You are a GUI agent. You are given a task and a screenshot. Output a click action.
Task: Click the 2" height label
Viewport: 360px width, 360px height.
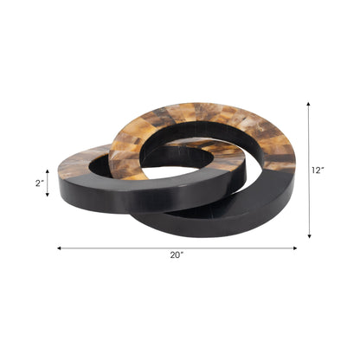pyautogui.click(x=38, y=183)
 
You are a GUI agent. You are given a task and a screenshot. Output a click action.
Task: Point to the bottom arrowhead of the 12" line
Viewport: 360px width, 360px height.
pyautogui.click(x=308, y=235)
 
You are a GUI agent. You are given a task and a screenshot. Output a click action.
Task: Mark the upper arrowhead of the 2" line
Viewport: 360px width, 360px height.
pyautogui.click(x=48, y=170)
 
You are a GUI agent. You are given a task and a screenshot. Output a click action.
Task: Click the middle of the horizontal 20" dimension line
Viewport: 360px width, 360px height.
pyautogui.click(x=177, y=248)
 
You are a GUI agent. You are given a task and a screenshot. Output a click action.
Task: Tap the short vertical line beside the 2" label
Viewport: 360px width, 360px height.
pyautogui.click(x=48, y=183)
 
